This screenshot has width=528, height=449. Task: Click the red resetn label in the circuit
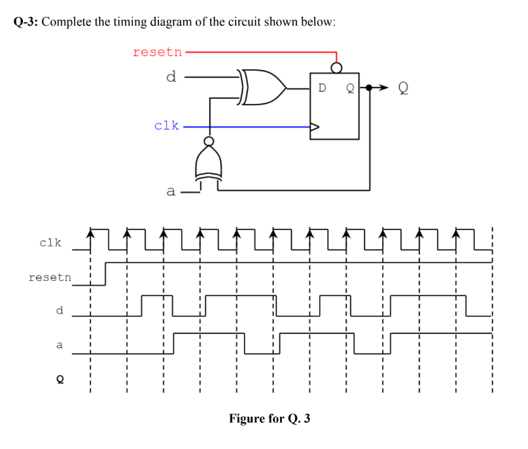pyautogui.click(x=157, y=52)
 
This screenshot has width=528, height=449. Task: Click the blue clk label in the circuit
pyautogui.click(x=166, y=125)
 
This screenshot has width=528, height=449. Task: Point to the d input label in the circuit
pyautogui.click(x=171, y=77)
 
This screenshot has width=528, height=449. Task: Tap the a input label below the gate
pyautogui.click(x=171, y=191)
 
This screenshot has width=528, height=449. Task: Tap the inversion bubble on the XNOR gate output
pyautogui.click(x=209, y=141)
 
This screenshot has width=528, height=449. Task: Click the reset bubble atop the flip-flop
pyautogui.click(x=336, y=67)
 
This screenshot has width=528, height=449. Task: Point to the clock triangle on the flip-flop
pyautogui.click(x=315, y=127)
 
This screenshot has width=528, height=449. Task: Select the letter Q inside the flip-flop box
pyautogui.click(x=350, y=88)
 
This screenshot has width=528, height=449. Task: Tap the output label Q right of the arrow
pyautogui.click(x=404, y=88)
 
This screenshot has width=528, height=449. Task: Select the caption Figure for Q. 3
pyautogui.click(x=269, y=418)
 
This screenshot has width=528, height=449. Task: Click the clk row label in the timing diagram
pyautogui.click(x=50, y=242)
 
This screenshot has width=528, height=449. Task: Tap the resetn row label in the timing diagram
pyautogui.click(x=50, y=277)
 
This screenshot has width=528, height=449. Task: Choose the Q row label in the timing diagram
pyautogui.click(x=60, y=378)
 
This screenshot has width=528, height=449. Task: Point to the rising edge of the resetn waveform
pyautogui.click(x=105, y=274)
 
